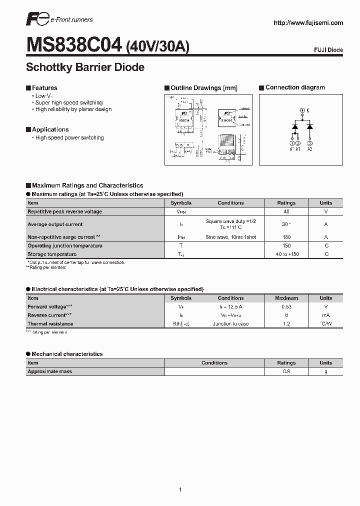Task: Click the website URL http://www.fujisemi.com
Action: pyautogui.click(x=308, y=23)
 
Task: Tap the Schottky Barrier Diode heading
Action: pyautogui.click(x=85, y=67)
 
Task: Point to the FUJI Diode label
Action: pyautogui.click(x=327, y=50)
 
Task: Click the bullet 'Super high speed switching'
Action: pyautogui.click(x=69, y=102)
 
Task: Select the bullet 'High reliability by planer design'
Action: pyautogui.click(x=73, y=109)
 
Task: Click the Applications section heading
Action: pyautogui.click(x=50, y=129)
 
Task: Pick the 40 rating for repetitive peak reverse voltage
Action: pyautogui.click(x=286, y=211)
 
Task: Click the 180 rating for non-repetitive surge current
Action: pyautogui.click(x=286, y=237)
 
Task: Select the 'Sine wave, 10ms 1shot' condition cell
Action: pyautogui.click(x=230, y=237)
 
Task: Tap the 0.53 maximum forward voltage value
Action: pyautogui.click(x=286, y=306)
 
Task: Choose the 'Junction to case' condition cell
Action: pyautogui.click(x=230, y=324)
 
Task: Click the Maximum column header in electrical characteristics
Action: pyautogui.click(x=286, y=298)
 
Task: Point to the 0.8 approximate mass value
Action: pyautogui.click(x=286, y=371)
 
